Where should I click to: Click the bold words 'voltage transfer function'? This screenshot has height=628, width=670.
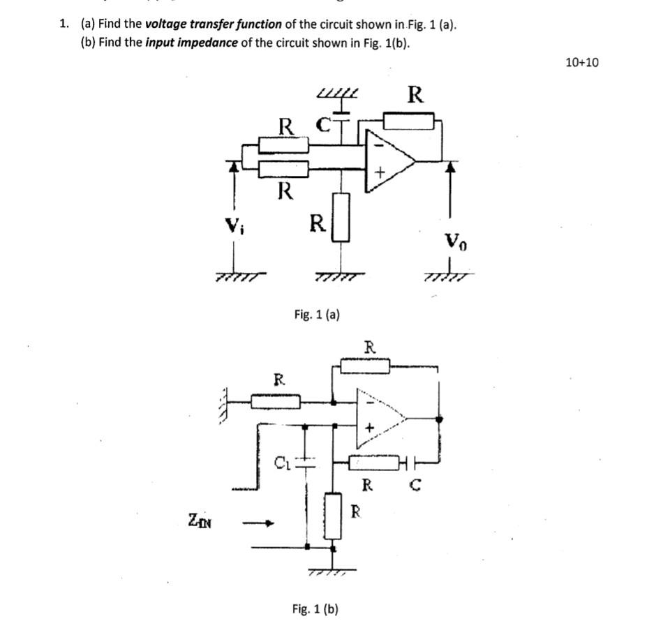(214, 24)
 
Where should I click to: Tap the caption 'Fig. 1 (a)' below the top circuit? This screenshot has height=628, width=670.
(316, 315)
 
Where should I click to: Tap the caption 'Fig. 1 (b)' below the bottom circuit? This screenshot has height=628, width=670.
(315, 609)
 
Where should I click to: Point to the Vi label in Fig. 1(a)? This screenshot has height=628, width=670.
(232, 225)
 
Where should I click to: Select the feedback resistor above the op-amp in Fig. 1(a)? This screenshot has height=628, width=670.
(408, 121)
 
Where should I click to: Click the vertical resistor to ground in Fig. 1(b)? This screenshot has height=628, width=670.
(334, 516)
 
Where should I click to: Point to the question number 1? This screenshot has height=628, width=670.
(64, 24)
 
